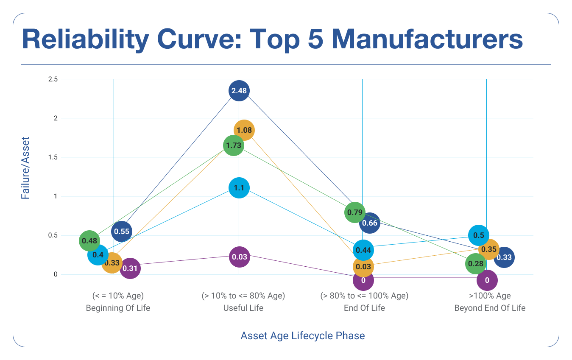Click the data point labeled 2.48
(239, 91)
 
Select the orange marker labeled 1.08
(244, 130)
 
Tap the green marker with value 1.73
(234, 145)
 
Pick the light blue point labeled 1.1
(239, 188)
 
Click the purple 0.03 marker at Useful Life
(239, 257)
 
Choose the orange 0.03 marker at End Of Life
(363, 267)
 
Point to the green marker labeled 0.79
(355, 212)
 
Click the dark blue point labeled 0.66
(369, 223)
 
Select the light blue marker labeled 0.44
(363, 250)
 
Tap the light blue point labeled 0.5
(479, 235)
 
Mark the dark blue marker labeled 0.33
(504, 257)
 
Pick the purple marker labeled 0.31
(130, 268)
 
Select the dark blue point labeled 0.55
(122, 232)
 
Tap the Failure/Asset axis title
(26, 168)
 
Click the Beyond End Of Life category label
(490, 308)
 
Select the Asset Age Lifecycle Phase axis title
(303, 336)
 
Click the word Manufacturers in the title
(427, 39)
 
